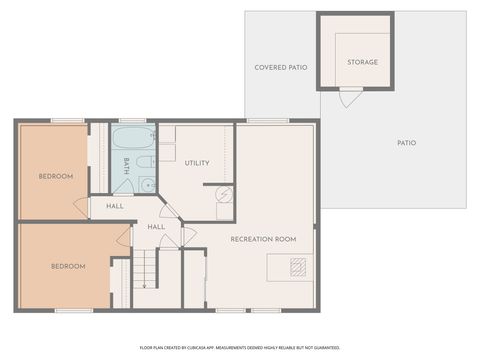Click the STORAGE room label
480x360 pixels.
tap(362, 62)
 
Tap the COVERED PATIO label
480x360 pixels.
tap(281, 67)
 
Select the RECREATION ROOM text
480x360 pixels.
tap(263, 239)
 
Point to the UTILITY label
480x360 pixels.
tap(197, 163)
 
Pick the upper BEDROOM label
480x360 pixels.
tap(56, 176)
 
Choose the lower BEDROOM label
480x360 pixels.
tap(68, 266)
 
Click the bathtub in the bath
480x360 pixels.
tap(132, 137)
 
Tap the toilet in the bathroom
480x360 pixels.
tap(145, 162)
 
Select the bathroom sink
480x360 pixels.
tap(147, 184)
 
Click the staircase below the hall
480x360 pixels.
tap(146, 269)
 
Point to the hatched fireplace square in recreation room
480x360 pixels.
tap(298, 266)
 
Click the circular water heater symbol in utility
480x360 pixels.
tap(224, 195)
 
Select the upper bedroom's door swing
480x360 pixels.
tap(81, 206)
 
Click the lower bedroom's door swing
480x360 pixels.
tap(123, 237)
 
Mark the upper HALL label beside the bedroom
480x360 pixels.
tap(115, 206)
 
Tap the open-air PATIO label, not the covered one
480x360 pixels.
tap(406, 143)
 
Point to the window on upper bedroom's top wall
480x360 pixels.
tap(68, 121)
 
